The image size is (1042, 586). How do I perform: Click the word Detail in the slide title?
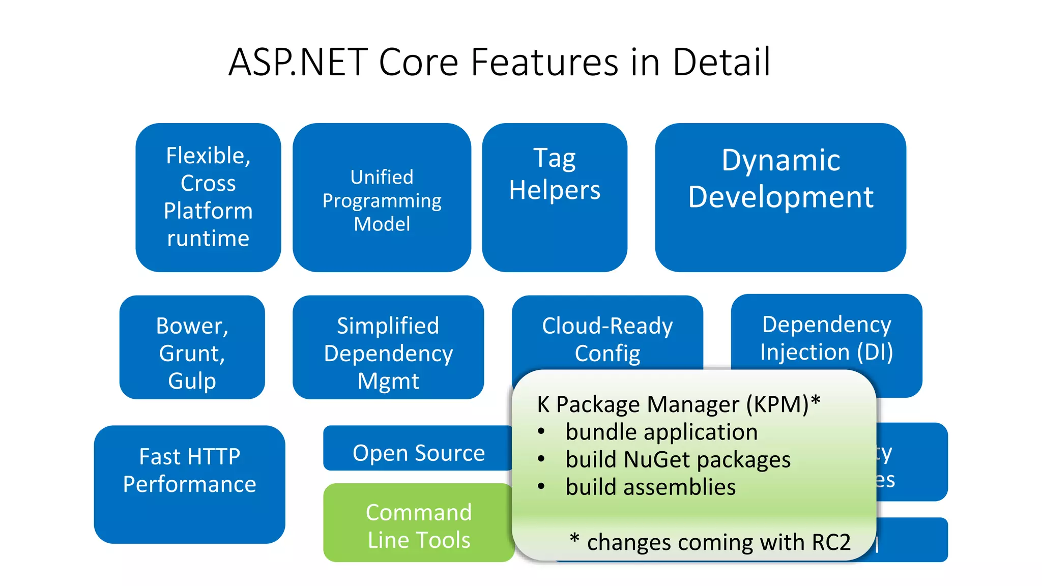click(721, 62)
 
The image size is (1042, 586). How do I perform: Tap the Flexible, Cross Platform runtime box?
click(208, 197)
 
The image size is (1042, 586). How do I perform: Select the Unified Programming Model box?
click(382, 200)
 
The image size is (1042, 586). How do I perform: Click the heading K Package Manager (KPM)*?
click(678, 404)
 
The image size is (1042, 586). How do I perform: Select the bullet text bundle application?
click(661, 432)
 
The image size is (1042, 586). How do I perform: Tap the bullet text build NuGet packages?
click(678, 459)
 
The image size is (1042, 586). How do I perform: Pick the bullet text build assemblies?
click(650, 487)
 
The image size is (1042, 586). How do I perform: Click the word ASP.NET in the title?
click(298, 62)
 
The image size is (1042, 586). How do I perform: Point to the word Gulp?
click(192, 381)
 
